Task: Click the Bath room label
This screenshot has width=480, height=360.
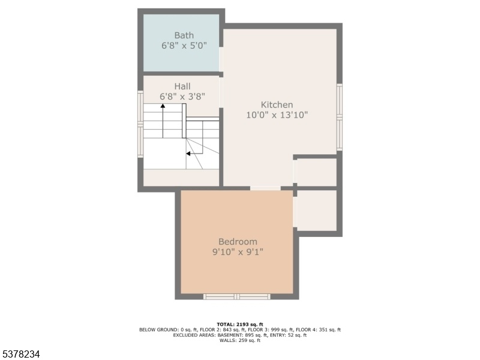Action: tap(184, 35)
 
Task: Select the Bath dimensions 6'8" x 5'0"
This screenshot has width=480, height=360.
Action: tap(184, 46)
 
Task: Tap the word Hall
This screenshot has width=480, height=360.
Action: tap(182, 86)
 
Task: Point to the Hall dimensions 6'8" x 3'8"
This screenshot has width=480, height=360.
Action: tap(182, 97)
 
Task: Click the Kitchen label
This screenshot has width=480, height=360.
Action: tap(277, 104)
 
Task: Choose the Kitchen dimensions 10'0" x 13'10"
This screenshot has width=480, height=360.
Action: tap(277, 115)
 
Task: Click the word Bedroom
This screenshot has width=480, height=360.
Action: tap(238, 242)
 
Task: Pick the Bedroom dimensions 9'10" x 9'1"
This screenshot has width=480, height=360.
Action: tap(238, 252)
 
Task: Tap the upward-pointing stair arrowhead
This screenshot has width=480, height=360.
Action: tap(163, 106)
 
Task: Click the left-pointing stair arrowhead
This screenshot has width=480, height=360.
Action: tap(188, 154)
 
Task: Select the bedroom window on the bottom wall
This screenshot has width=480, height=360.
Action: tap(237, 296)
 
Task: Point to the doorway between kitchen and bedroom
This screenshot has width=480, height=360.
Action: tap(265, 188)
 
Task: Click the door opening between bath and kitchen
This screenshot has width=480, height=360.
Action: tap(221, 59)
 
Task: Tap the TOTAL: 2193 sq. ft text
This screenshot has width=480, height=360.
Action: tap(240, 325)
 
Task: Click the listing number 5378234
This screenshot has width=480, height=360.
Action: tap(20, 354)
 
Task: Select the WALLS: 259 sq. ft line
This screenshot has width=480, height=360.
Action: tap(240, 340)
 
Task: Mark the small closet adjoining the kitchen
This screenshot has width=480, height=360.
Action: tap(317, 172)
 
